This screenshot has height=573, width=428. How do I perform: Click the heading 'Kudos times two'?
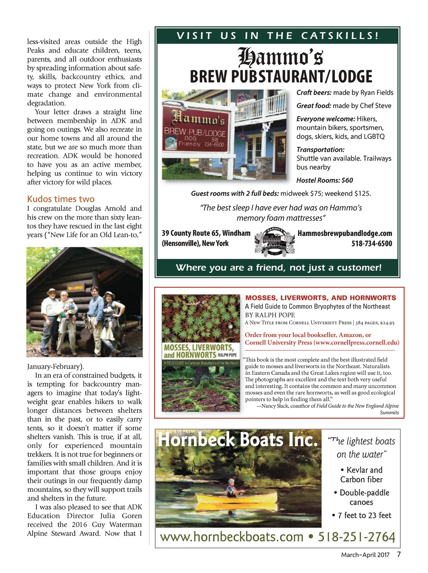tap(61, 199)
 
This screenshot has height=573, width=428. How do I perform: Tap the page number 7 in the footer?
tap(399, 555)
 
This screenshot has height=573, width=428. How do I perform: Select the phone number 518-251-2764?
tap(357, 537)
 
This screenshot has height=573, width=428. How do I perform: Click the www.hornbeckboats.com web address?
tap(232, 537)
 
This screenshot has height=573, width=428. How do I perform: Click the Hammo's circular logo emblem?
tap(275, 241)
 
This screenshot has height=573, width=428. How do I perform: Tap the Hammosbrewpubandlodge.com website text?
tap(345, 233)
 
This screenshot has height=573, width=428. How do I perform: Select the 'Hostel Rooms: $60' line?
tap(325, 180)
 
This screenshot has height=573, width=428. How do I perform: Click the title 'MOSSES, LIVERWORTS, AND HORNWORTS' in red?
tap(321, 298)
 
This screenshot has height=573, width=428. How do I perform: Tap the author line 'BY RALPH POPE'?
tap(270, 315)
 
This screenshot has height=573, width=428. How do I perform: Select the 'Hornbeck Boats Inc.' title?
tap(237, 440)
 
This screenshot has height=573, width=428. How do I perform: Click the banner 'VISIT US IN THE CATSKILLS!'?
tap(278, 36)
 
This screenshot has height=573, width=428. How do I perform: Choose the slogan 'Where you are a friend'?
tap(278, 268)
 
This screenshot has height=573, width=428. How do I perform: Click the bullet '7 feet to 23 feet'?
tap(362, 515)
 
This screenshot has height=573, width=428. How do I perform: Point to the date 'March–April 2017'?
tap(365, 555)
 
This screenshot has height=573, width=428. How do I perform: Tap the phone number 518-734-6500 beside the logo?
tap(372, 243)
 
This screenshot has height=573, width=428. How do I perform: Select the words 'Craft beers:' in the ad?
tap(314, 92)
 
